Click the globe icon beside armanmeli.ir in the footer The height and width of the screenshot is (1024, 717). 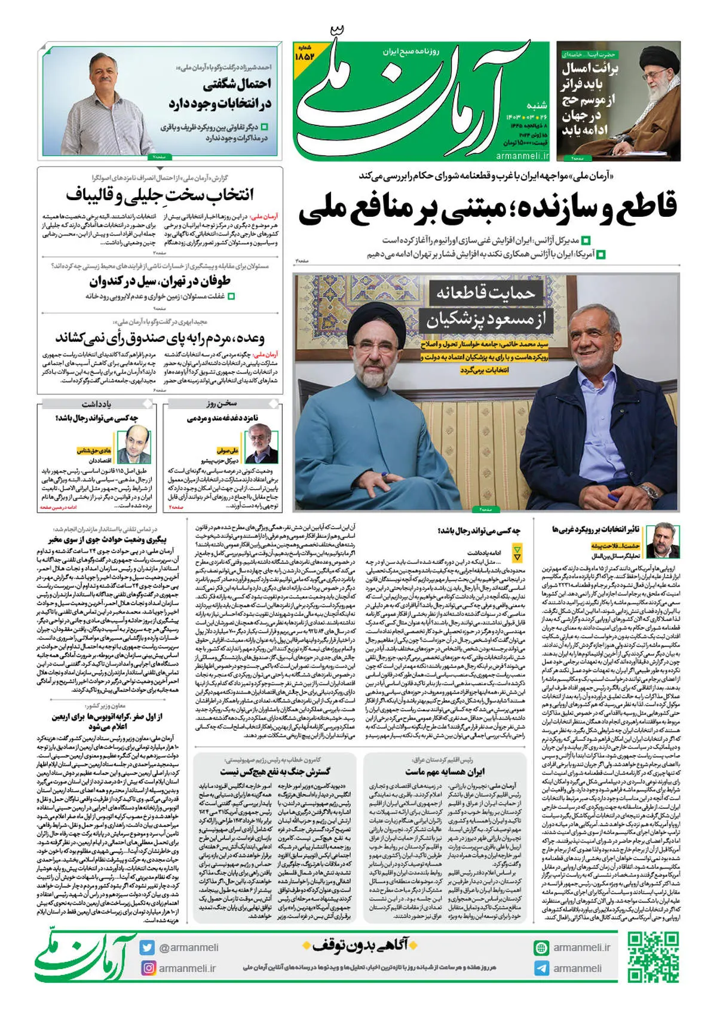tap(541, 948)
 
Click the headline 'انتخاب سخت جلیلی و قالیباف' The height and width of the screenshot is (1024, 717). tap(160, 195)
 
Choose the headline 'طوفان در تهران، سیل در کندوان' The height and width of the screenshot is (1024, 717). tap(160, 281)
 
